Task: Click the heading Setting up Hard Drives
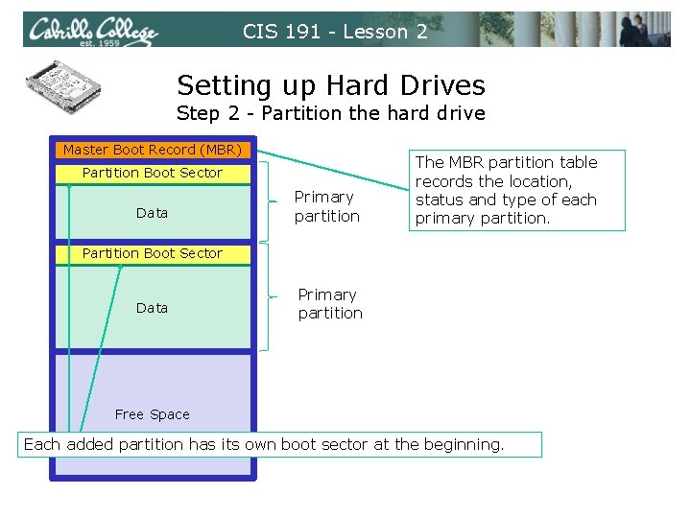(331, 85)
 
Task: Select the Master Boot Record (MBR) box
(153, 150)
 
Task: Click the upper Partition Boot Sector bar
(153, 173)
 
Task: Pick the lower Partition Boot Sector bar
(153, 253)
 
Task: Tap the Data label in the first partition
(152, 213)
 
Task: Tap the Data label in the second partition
(152, 308)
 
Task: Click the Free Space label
(152, 414)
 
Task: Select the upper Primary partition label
(326, 206)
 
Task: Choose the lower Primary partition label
(330, 304)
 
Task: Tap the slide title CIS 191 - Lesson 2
(335, 32)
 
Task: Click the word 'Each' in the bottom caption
(41, 444)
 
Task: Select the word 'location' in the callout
(537, 181)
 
